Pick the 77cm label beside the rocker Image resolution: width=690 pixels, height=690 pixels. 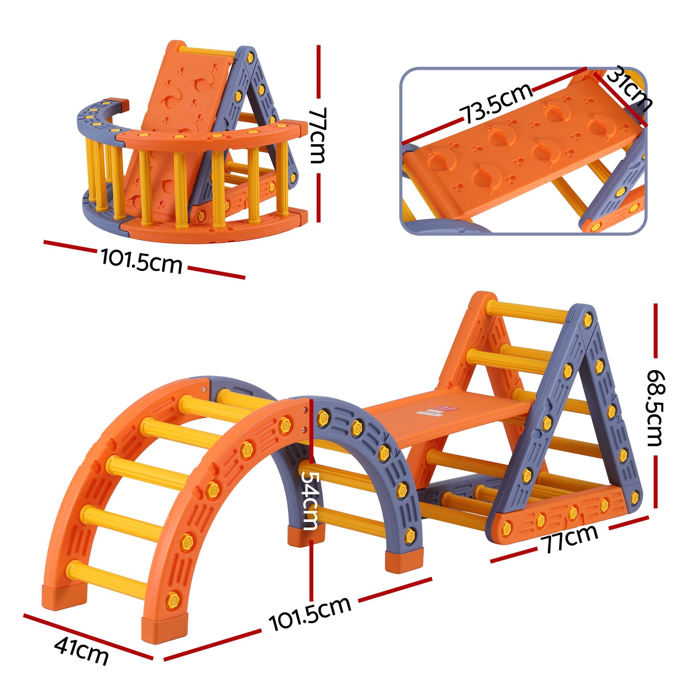(318, 135)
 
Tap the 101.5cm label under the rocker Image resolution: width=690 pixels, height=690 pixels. (141, 261)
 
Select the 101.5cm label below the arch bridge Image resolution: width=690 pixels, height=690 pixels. (310, 614)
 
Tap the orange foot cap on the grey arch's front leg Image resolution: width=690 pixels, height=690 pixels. (404, 560)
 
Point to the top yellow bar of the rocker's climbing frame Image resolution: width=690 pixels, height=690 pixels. (207, 51)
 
